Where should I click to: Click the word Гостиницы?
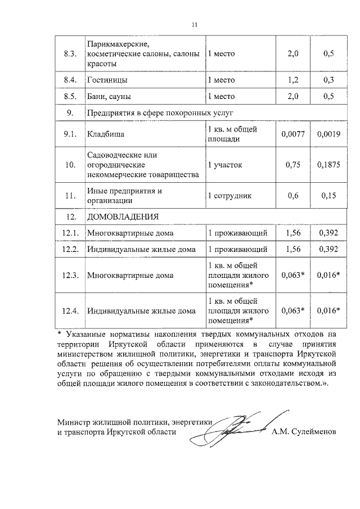107,80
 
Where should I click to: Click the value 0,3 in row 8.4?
329,80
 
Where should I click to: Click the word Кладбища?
105,135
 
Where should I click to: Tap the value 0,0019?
329,135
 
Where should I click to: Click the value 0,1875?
329,165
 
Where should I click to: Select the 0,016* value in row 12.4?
329,310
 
